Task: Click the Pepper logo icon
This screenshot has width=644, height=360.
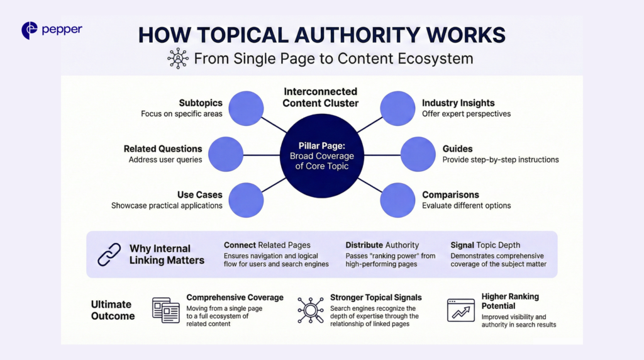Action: pos(29,30)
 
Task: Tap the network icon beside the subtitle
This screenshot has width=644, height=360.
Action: pos(178,59)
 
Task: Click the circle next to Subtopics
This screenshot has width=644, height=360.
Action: pos(246,108)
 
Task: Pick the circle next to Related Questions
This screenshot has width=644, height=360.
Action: pos(225,154)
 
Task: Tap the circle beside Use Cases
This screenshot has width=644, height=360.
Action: pos(246,200)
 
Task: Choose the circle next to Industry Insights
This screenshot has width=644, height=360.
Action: pos(397,108)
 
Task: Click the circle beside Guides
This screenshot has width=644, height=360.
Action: pos(418,154)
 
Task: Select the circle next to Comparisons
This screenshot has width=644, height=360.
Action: pos(397,200)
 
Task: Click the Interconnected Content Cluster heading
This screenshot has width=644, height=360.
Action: pos(320,97)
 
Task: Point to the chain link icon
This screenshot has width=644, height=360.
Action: pos(109,254)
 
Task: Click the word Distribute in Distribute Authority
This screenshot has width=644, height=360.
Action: pos(364,245)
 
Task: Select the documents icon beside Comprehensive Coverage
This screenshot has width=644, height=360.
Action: pos(166,310)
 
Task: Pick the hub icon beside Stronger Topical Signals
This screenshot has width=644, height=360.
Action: pos(310,310)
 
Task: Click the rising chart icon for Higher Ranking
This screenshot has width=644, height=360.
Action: pos(460,310)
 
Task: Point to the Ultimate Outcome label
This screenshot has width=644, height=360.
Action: pos(113,310)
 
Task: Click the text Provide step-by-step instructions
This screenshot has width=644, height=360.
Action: pos(500,160)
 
